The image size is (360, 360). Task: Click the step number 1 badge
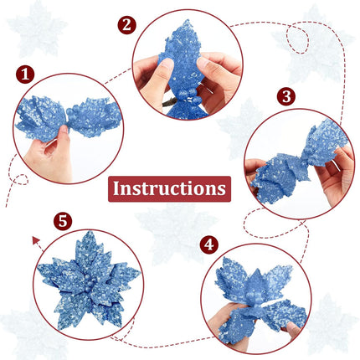(25, 75)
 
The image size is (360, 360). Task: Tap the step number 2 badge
(126, 25)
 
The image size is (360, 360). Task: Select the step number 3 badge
(286, 96)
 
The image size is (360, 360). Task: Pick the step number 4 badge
(209, 244)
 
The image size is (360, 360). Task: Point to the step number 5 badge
(63, 221)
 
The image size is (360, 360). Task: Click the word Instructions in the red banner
(169, 188)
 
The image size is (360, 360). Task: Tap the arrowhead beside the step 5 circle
(36, 240)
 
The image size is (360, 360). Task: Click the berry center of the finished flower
(90, 283)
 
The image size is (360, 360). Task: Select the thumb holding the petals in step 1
(63, 136)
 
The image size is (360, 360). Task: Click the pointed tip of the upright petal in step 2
(188, 21)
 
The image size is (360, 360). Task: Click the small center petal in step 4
(256, 285)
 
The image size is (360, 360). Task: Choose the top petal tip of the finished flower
(90, 232)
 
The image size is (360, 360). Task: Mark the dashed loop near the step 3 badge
(298, 39)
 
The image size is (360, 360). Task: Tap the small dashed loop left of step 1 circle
(21, 180)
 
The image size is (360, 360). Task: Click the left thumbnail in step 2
(167, 64)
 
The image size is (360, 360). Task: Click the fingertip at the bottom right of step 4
(292, 328)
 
